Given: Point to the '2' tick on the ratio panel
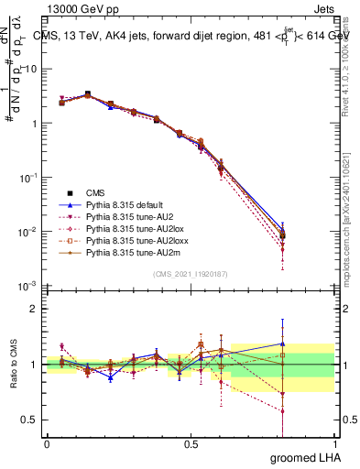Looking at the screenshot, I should point(34,309).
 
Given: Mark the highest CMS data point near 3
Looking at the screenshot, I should point(87,94).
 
